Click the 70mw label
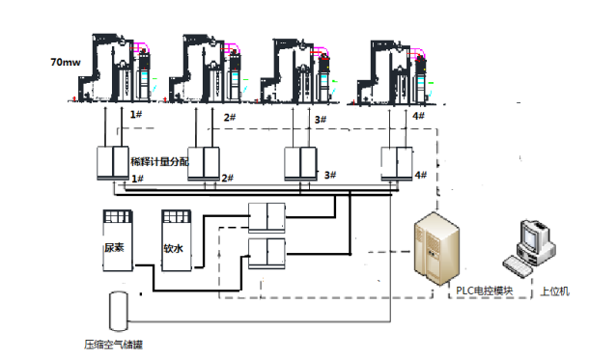[66, 62]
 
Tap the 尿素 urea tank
[118, 240]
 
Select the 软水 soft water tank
[177, 240]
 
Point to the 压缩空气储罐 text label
[113, 345]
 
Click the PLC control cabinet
[436, 248]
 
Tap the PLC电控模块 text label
[484, 291]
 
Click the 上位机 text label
[555, 291]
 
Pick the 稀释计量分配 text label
[159, 162]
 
